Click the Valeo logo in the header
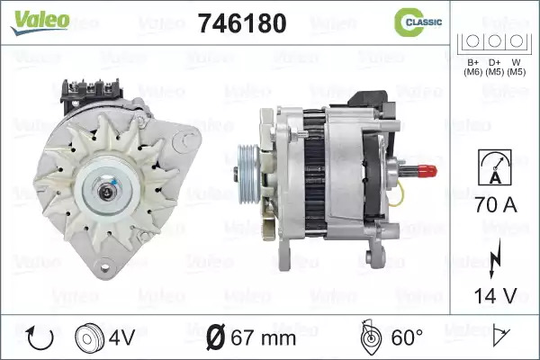tap(40, 22)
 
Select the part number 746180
tap(242, 23)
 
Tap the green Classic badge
tap(418, 22)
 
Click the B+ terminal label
tap(472, 67)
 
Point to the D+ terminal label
tap(494, 67)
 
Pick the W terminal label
tap(517, 67)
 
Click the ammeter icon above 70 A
tap(494, 167)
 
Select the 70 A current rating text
tap(496, 205)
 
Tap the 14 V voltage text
tap(496, 296)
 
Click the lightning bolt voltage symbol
tap(495, 258)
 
